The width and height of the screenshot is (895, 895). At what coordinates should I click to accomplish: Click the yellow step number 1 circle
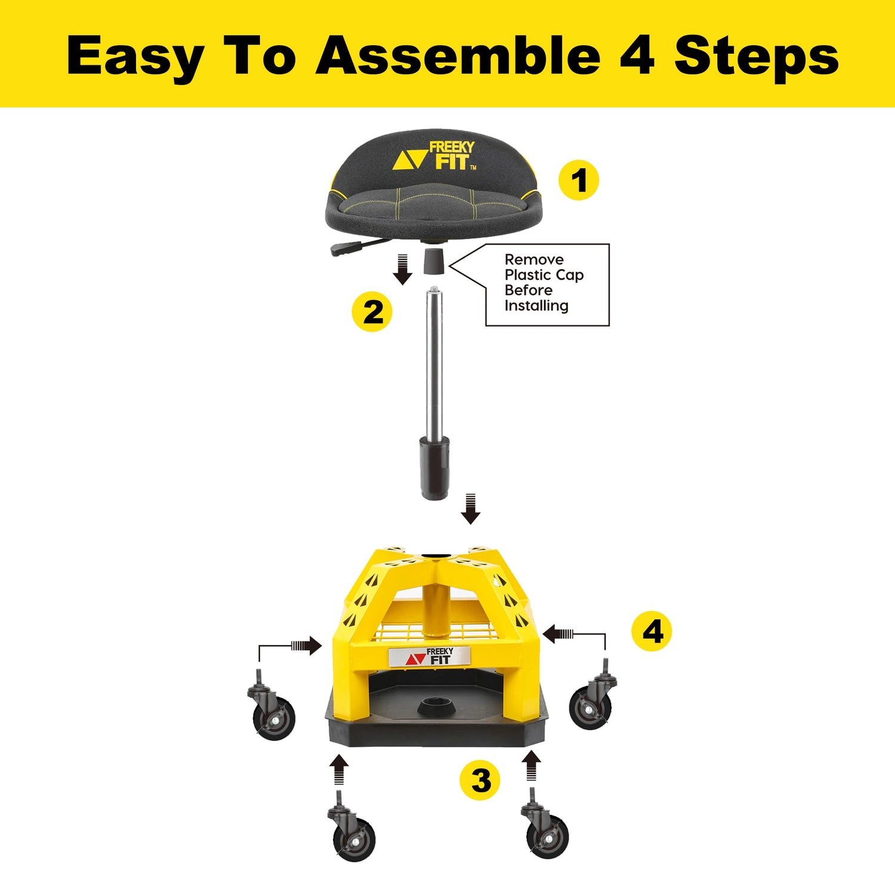tap(578, 180)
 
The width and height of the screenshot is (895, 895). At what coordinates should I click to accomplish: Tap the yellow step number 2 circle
tap(372, 311)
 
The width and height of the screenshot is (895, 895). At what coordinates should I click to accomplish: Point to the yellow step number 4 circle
tap(652, 631)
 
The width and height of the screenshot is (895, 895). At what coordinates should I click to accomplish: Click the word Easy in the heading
tap(135, 56)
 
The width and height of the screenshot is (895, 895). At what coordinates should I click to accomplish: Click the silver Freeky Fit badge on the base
tap(430, 656)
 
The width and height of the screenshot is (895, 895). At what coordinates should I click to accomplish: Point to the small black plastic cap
tap(434, 262)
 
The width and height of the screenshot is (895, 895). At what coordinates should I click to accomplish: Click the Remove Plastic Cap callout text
tap(543, 283)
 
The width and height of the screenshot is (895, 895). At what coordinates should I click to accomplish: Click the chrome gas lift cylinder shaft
tap(434, 364)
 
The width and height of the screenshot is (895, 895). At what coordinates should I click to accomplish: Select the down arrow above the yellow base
tap(471, 509)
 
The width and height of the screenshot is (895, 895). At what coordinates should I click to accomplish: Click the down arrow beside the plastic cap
tap(403, 269)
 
